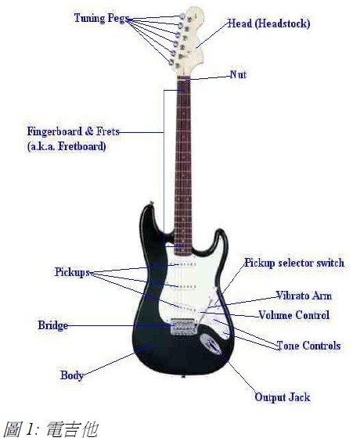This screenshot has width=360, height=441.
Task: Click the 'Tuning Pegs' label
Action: (102, 18)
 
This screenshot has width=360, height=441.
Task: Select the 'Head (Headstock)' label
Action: (268, 23)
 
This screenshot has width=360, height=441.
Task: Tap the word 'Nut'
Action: (238, 75)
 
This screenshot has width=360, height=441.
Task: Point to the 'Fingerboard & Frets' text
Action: (74, 131)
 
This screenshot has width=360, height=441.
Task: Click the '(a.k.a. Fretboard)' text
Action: (67, 146)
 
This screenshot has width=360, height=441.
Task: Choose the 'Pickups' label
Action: (72, 272)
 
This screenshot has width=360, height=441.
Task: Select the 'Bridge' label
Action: (53, 325)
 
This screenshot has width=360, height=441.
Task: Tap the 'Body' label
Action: (72, 375)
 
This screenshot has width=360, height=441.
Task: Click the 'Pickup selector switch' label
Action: (294, 263)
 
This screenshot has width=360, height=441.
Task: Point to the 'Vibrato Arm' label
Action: (304, 296)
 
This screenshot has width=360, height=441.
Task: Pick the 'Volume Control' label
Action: (293, 315)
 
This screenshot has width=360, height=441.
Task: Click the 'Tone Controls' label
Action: (309, 346)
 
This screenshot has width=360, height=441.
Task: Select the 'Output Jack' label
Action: (283, 397)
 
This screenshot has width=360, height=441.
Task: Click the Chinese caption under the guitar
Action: (52, 429)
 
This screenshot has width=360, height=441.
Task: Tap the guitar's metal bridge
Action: (183, 327)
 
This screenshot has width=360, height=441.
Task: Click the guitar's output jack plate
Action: (211, 344)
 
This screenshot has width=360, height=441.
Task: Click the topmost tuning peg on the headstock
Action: (182, 16)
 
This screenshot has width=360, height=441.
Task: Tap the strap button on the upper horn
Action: (152, 203)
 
